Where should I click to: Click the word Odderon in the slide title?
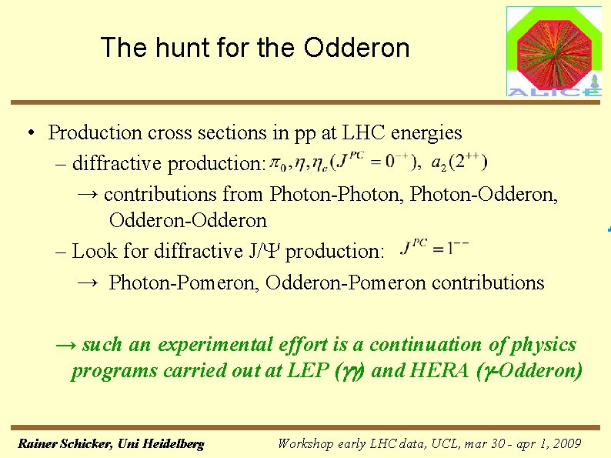[x=356, y=48]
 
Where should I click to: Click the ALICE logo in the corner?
[x=553, y=52]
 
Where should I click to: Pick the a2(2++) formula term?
[x=459, y=162]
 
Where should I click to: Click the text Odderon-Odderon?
[x=188, y=221]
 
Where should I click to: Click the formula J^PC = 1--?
[x=436, y=248]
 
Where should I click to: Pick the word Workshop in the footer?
[x=305, y=444]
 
